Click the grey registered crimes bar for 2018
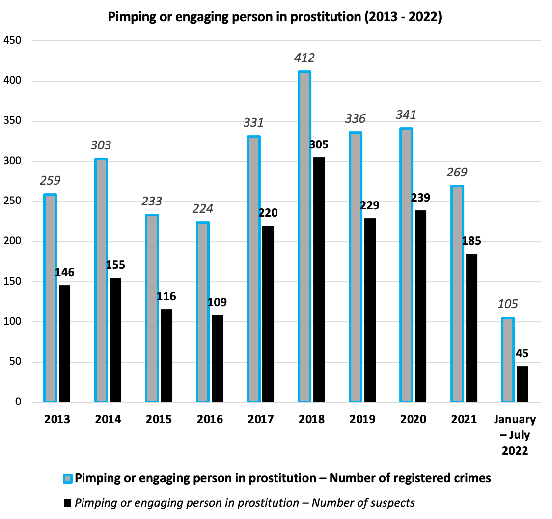pos(304,237)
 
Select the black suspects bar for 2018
pos(319,280)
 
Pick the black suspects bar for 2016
pos(217,358)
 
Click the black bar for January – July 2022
pos(522,384)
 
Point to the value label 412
pos(304,58)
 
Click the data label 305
pos(319,145)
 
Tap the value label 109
pos(217,302)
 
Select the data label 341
pos(406,115)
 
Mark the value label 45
pos(522,354)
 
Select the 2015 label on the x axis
pos(159,420)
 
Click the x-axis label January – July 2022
pos(515,435)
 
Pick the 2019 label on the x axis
pos(362,420)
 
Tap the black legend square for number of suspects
pos(68,503)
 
